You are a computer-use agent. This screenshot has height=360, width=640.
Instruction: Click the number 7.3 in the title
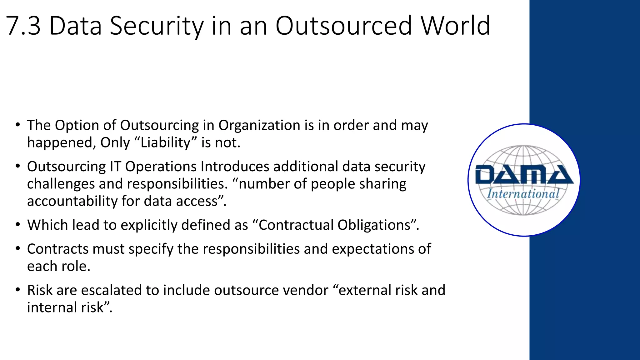[23, 26]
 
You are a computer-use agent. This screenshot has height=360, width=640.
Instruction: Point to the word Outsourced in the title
[343, 26]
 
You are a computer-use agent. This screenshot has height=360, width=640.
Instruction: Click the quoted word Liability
[165, 142]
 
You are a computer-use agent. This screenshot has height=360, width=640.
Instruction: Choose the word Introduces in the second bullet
[235, 166]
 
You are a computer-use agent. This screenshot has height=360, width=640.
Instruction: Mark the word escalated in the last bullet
[111, 290]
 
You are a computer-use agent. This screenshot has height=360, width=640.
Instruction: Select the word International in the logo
[523, 194]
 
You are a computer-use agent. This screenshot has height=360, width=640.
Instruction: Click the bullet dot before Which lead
[18, 225]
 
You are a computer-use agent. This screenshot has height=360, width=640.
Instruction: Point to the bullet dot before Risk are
[18, 290]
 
